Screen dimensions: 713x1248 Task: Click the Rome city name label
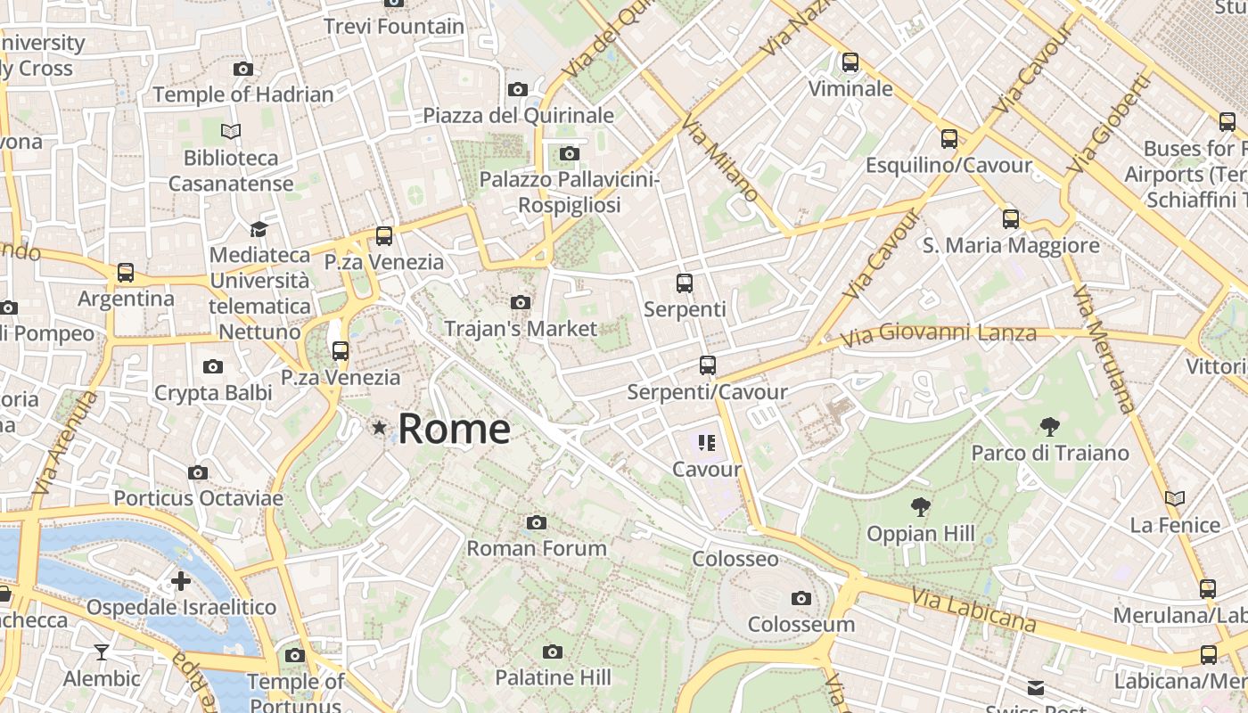(454, 429)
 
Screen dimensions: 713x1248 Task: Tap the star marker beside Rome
(380, 428)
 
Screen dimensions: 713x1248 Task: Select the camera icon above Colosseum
(801, 598)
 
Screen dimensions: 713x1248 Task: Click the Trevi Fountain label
(394, 26)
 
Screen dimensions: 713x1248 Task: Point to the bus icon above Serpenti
(685, 283)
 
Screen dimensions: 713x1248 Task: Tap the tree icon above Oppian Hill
(921, 507)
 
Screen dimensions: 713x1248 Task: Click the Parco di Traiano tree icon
(1049, 427)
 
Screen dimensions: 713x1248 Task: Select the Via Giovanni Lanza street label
(939, 335)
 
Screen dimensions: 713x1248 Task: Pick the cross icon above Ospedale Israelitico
(181, 581)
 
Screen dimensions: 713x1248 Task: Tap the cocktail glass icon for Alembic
(102, 652)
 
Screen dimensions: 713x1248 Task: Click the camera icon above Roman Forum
(536, 522)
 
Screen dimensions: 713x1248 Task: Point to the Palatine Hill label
(553, 677)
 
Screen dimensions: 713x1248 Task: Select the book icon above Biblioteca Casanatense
(231, 132)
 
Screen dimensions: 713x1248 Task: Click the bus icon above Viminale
(850, 62)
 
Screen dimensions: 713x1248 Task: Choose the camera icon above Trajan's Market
(521, 303)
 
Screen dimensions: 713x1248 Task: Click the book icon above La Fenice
(1175, 498)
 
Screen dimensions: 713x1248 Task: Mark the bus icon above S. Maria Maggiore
(1011, 218)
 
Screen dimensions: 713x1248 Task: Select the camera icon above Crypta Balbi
(213, 366)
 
